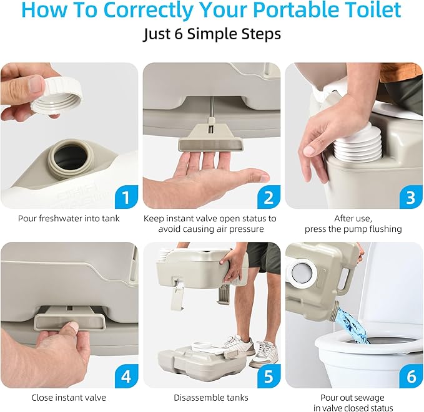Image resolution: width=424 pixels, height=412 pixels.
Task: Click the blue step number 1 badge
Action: click(126, 198)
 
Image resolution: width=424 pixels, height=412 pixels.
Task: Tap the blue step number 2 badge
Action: click(268, 198)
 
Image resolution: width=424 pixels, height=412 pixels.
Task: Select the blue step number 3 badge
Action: click(410, 198)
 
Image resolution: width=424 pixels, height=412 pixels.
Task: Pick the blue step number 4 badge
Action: click(126, 377)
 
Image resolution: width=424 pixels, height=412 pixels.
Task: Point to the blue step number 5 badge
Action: click(268, 377)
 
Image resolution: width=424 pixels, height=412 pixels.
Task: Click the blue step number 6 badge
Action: click(410, 377)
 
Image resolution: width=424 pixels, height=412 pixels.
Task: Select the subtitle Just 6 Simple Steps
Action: click(212, 35)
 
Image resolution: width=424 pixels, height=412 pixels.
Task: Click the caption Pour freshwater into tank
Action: click(69, 218)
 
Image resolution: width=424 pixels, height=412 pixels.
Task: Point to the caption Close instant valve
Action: click(69, 397)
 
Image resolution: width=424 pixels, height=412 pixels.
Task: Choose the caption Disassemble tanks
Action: click(211, 397)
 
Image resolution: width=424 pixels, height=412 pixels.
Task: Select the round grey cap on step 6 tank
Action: click(303, 272)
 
